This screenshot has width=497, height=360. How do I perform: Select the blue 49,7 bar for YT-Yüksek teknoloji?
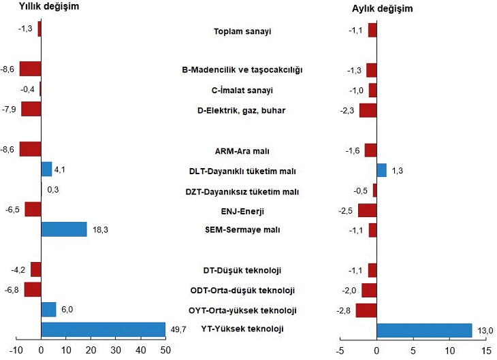[103, 330]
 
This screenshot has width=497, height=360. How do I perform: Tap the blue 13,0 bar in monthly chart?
[424, 330]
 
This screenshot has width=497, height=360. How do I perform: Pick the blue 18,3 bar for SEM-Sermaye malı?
[64, 229]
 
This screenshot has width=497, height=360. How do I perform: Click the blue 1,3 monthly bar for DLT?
[381, 170]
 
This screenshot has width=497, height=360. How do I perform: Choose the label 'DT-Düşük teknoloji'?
[242, 271]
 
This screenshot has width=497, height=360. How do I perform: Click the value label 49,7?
[178, 329]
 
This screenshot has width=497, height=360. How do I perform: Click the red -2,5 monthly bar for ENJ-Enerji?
[368, 210]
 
